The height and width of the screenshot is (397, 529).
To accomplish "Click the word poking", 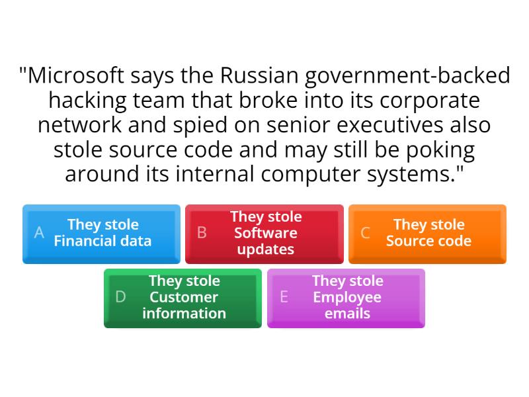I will click(x=439, y=150).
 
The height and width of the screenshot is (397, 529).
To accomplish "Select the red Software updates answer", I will click(x=264, y=234).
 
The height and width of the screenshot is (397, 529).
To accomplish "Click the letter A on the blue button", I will click(x=39, y=234).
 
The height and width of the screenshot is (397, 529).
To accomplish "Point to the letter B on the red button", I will click(x=202, y=234).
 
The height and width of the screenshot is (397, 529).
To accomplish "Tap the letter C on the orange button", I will click(x=365, y=234).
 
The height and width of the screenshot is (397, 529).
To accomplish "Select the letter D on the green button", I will click(x=120, y=298).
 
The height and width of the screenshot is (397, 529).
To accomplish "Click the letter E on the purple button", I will click(x=284, y=298).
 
